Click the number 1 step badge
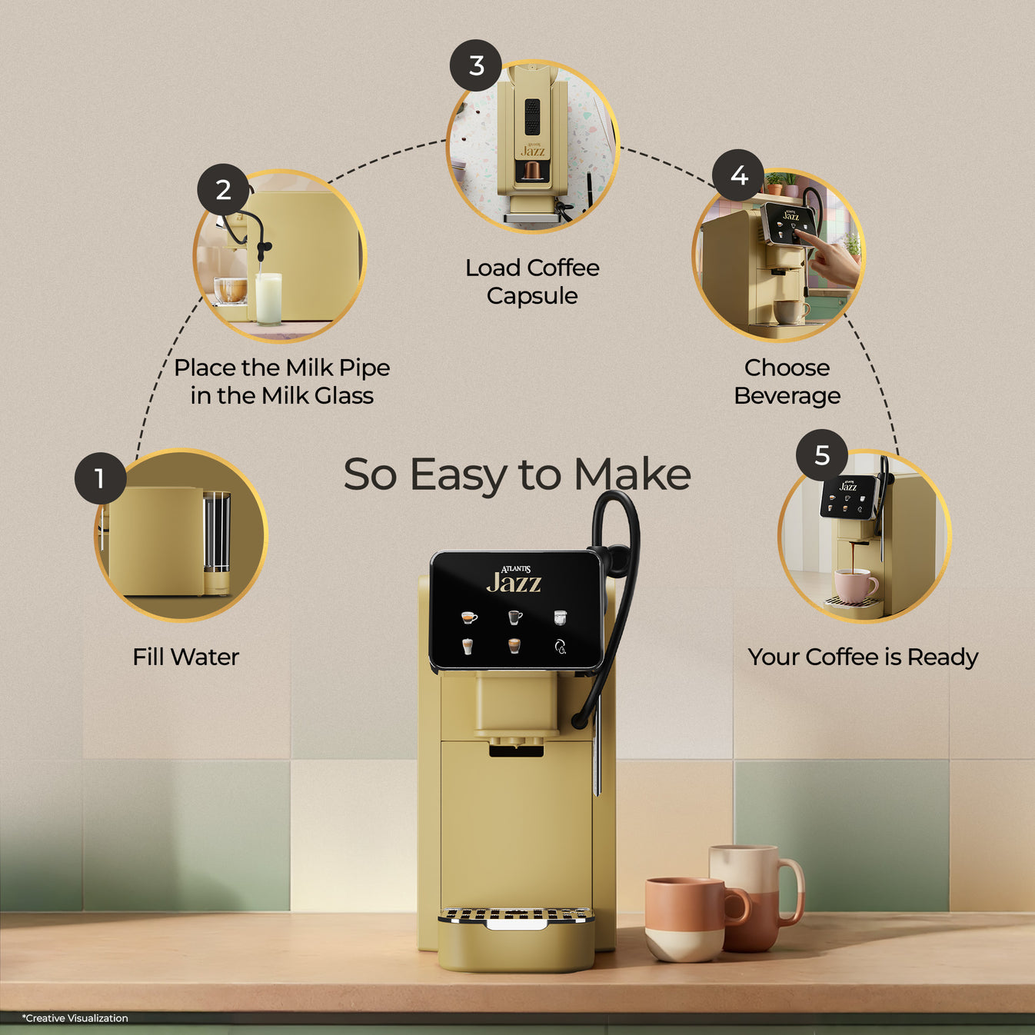pyautogui.click(x=100, y=478)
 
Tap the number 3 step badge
pyautogui.click(x=476, y=65)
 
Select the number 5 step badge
pyautogui.click(x=821, y=455)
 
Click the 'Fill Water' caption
pyautogui.click(x=185, y=657)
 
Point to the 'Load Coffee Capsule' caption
pyautogui.click(x=532, y=281)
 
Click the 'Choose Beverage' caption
pyautogui.click(x=787, y=381)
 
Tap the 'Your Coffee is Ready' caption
pyautogui.click(x=862, y=657)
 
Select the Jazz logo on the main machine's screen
pyautogui.click(x=514, y=581)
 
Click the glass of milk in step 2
pyautogui.click(x=268, y=298)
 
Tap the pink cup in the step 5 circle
pyautogui.click(x=854, y=585)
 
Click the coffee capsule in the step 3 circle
pyautogui.click(x=531, y=171)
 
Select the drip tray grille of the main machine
pyautogui.click(x=515, y=914)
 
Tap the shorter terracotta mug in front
pyautogui.click(x=687, y=919)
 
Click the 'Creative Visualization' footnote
pyautogui.click(x=75, y=1018)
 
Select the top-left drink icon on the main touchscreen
pyautogui.click(x=468, y=617)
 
